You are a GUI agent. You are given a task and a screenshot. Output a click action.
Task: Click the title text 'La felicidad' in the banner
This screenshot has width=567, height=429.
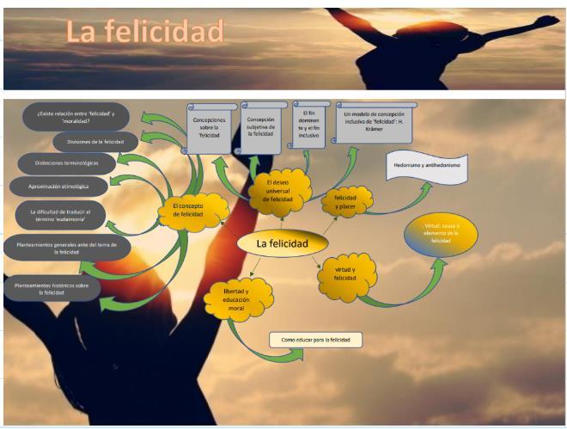pos(144,33)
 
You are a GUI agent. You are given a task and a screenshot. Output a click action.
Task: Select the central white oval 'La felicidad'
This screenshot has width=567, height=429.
pos(281,244)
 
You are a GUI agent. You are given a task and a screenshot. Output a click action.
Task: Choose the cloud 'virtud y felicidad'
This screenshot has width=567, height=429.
pos(344,273)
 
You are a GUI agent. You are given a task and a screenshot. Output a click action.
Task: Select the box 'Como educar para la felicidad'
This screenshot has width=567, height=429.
pos(315,340)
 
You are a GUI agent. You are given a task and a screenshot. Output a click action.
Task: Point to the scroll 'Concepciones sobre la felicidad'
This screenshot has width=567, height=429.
pos(210,127)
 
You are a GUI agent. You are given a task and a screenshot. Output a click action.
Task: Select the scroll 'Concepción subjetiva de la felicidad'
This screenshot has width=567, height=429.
pos(260,126)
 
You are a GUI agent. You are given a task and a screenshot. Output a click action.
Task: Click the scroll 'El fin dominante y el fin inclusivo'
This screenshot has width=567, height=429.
pos(310,123)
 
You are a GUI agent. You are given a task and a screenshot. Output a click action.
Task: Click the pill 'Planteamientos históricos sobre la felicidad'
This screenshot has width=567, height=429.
pos(52,288)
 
